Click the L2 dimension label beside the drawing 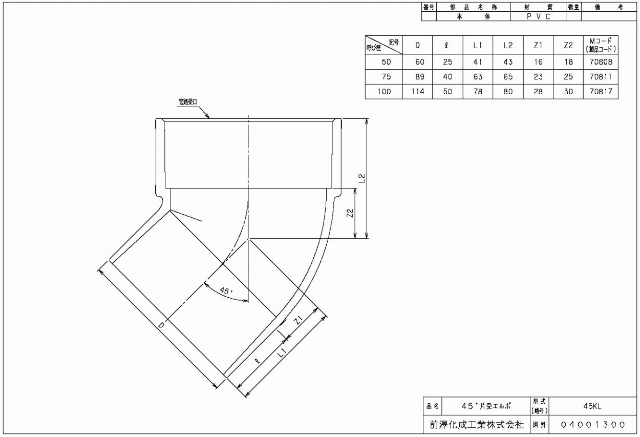[x=362, y=178]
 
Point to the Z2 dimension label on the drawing [x=350, y=213]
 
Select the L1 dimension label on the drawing [x=282, y=353]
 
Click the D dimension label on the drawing [x=161, y=325]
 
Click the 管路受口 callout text [x=188, y=102]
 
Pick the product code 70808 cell [x=601, y=62]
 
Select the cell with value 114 [x=418, y=92]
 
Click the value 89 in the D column [x=420, y=77]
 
